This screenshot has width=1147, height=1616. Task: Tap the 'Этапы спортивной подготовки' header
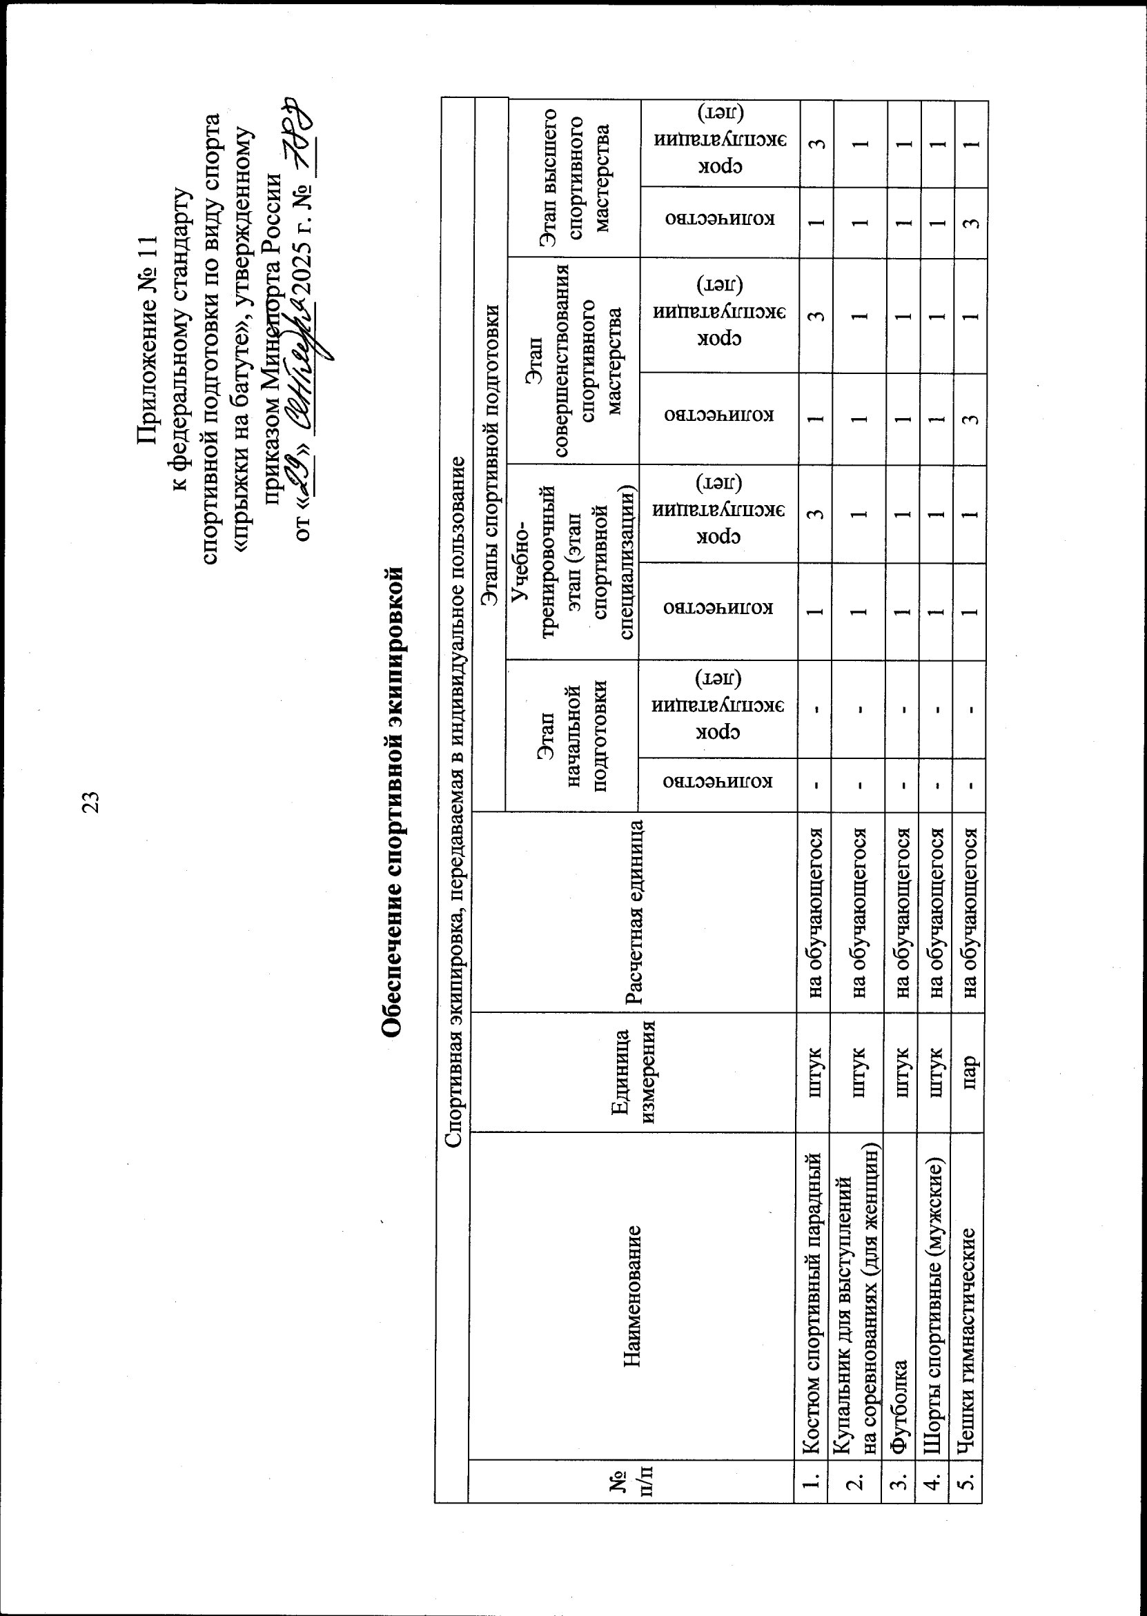click(490, 452)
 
